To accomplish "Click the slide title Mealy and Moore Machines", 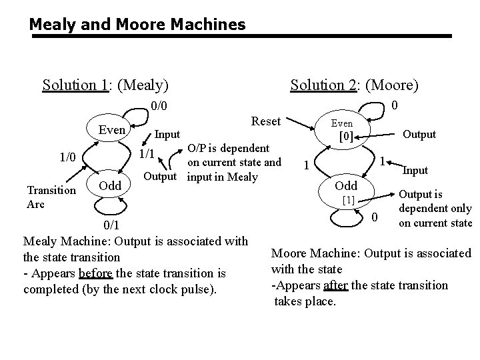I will point(137,25).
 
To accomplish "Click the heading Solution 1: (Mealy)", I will point(105,85).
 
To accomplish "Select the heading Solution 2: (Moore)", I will point(355,85).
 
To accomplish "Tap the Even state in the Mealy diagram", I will point(112,129).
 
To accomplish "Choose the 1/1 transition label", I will point(147,154).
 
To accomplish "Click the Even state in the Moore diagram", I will point(342,124).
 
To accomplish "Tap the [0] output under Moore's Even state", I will point(346,137).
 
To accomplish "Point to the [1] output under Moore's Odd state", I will point(347,199).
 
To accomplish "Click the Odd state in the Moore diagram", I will point(346,185).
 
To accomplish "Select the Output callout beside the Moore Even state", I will point(418,134).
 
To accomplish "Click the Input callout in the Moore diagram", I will point(415,171).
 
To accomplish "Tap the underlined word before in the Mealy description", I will point(96,273).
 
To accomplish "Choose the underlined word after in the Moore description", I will point(335,285).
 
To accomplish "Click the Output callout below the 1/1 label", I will point(160,177).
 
